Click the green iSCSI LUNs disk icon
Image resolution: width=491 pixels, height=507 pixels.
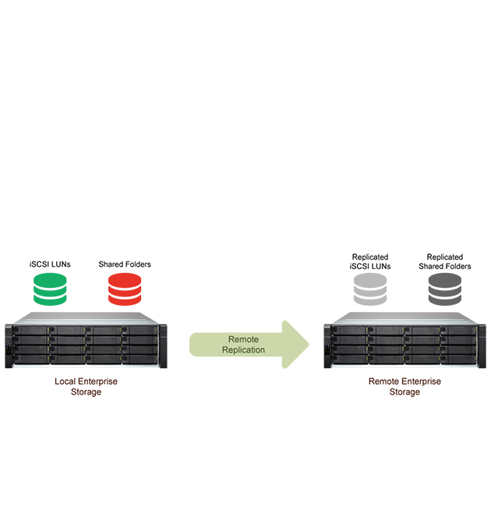click(50, 289)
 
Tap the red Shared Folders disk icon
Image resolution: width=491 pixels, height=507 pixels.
click(125, 289)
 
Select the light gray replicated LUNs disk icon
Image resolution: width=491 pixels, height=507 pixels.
click(370, 289)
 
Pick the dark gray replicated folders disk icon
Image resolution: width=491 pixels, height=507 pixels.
click(445, 289)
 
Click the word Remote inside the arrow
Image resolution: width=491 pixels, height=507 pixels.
click(244, 339)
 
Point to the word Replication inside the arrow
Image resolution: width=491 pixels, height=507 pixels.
click(244, 350)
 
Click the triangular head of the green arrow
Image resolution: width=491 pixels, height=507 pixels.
click(295, 345)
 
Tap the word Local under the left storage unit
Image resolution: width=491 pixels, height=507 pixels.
click(65, 381)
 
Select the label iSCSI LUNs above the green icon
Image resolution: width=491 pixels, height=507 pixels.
click(50, 264)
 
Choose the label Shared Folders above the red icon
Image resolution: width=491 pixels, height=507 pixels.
click(125, 264)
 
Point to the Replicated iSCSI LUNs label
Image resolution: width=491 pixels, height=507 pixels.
click(370, 261)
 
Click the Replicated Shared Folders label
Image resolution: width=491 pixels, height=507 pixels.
click(445, 261)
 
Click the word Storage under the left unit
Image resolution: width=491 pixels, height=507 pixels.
click(86, 392)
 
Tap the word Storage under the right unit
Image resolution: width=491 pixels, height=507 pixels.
click(404, 392)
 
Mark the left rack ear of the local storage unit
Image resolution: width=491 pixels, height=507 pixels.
click(9, 346)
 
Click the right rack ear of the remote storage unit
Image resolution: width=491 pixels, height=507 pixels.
click(482, 346)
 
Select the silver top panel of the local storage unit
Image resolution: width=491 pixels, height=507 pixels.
click(86, 318)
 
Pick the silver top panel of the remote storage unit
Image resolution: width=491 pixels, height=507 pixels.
click(404, 318)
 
